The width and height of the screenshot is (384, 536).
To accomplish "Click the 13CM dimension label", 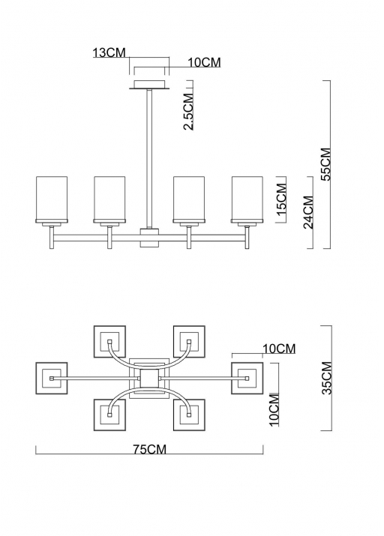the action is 109,52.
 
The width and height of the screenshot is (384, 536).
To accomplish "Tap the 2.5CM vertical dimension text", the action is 188,112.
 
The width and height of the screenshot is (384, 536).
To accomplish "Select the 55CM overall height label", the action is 325,164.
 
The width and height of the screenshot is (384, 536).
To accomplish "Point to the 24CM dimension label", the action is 307,212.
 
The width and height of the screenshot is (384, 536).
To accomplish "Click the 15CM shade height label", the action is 281,199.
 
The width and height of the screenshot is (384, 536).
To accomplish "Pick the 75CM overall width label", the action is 150,449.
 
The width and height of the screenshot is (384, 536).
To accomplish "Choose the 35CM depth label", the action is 327,378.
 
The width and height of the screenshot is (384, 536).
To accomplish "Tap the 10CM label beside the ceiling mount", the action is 204,62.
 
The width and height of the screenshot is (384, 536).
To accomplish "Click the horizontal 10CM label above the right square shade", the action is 279,349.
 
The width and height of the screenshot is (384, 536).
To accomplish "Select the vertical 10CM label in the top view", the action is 274,410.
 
